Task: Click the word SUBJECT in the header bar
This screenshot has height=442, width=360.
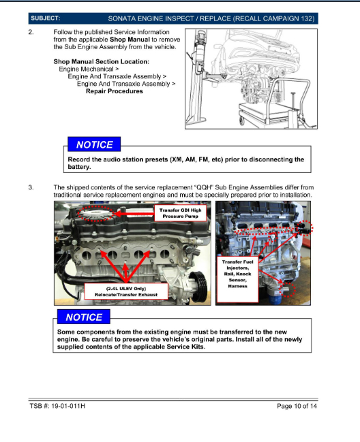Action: click(x=46, y=18)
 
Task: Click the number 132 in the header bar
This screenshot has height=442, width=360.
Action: click(x=307, y=18)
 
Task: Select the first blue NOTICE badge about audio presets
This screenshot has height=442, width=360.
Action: click(x=94, y=144)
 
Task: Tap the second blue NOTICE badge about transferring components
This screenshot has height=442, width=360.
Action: click(x=84, y=317)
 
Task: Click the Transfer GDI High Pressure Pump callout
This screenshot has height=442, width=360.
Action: click(x=180, y=213)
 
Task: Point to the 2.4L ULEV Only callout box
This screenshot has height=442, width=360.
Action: click(x=126, y=291)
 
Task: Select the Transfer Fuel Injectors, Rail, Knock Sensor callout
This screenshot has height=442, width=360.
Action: click(x=237, y=279)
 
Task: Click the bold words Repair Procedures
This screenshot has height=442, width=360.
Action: click(x=115, y=91)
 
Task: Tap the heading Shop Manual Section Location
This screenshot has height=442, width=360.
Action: click(x=102, y=61)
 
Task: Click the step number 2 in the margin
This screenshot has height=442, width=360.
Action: click(x=31, y=32)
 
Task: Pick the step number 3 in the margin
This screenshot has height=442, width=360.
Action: click(x=31, y=187)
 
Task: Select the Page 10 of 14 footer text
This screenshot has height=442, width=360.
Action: click(x=297, y=406)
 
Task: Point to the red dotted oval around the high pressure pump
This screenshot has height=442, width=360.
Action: click(x=95, y=206)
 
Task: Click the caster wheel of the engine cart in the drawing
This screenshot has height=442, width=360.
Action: click(x=242, y=121)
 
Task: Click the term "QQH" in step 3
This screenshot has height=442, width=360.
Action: click(x=203, y=187)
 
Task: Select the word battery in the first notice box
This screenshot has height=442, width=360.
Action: click(x=78, y=167)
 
